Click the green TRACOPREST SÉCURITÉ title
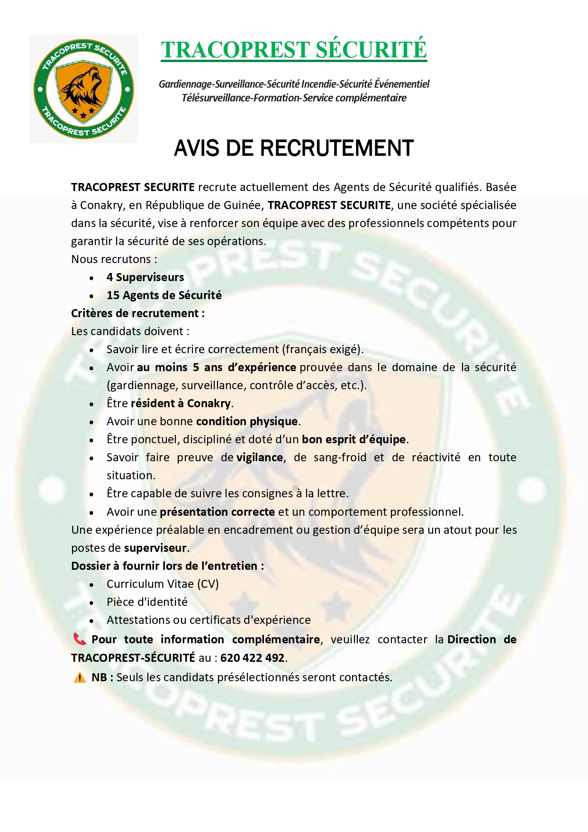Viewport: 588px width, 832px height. coord(294,50)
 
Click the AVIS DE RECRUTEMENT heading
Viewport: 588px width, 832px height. coord(294,148)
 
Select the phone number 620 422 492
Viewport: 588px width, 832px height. coord(252,658)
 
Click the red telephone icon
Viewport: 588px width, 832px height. coord(80,639)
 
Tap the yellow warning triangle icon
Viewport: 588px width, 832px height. coord(80,677)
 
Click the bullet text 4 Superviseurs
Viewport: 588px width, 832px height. coord(145,277)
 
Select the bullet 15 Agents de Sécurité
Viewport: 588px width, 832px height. coord(164,295)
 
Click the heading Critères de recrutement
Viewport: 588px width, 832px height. coord(137,313)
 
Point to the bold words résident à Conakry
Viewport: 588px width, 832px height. coord(181,403)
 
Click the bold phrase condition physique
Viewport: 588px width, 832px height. coord(246,421)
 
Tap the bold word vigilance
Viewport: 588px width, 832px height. coord(260,457)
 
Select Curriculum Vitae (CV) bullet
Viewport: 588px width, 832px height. coord(163,584)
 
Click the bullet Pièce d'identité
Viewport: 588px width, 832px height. coord(147,602)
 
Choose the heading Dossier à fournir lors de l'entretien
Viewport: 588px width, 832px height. coord(167,566)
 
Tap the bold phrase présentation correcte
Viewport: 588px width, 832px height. coord(217,512)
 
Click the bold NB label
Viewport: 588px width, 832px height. coord(99,677)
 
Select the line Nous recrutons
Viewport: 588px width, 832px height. coord(114,259)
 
